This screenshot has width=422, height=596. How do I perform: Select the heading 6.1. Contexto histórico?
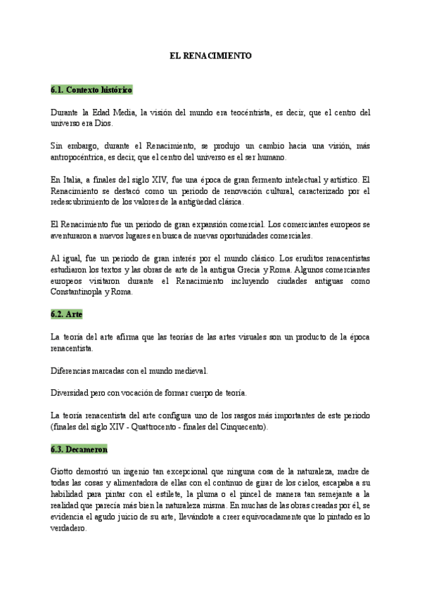[x=91, y=91]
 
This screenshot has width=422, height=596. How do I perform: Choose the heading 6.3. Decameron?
[x=79, y=448]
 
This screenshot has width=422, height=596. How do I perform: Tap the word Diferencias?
[x=75, y=370]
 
